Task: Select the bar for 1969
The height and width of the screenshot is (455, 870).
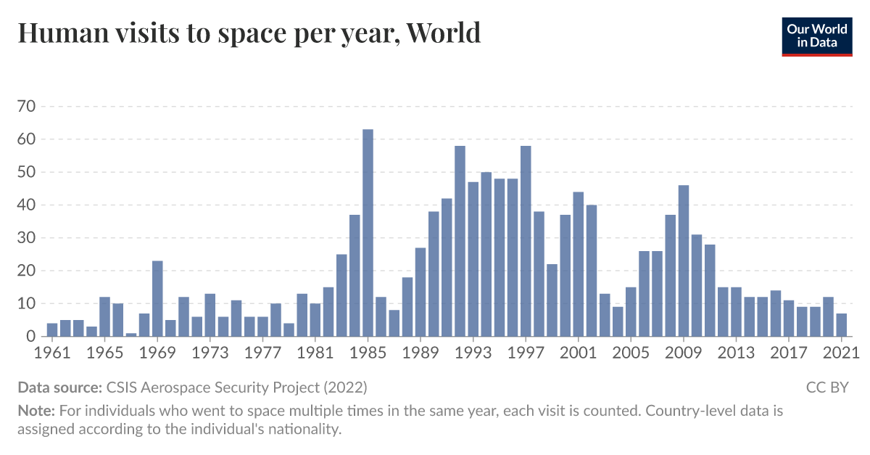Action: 157,298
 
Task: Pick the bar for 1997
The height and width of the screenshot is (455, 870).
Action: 526,241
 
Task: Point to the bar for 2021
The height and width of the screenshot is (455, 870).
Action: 842,324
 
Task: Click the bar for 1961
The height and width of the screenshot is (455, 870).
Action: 52,329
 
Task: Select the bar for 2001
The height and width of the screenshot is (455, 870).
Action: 579,263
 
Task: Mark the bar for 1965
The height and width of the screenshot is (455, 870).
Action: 104,316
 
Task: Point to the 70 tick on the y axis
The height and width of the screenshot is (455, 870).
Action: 26,107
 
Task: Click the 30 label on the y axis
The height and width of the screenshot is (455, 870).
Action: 26,238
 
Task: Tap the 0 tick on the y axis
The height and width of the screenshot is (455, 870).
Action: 30,337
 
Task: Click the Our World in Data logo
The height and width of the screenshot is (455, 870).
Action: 817,36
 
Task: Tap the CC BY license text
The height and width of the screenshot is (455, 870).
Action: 826,387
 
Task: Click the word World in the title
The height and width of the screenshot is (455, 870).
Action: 443,33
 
